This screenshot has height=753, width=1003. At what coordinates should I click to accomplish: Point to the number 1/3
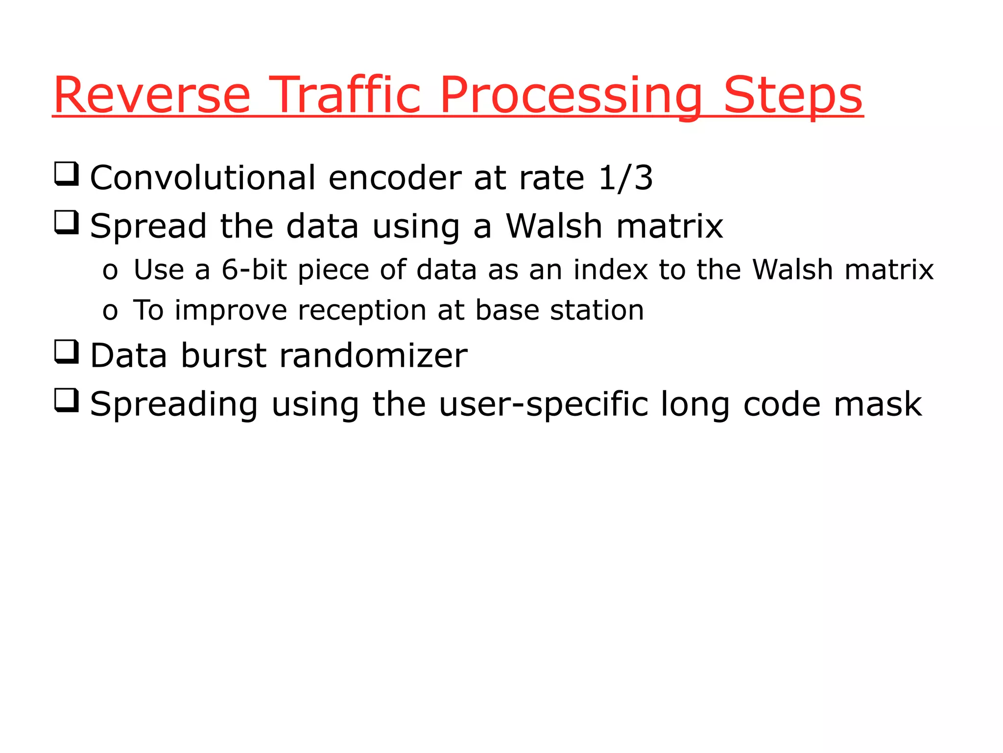coord(625,178)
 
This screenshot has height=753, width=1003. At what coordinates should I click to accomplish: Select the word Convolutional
coord(203,178)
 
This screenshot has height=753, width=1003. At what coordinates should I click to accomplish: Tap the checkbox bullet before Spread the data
coord(66,223)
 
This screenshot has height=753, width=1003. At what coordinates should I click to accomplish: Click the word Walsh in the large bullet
coord(553,226)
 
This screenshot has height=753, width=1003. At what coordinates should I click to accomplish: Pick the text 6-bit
coord(254,270)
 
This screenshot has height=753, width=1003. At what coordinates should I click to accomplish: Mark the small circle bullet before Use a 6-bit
coord(110,272)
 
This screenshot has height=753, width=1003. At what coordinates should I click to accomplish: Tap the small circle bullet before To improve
coord(110,312)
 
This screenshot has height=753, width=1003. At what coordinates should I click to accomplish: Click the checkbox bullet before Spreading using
coord(66,401)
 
